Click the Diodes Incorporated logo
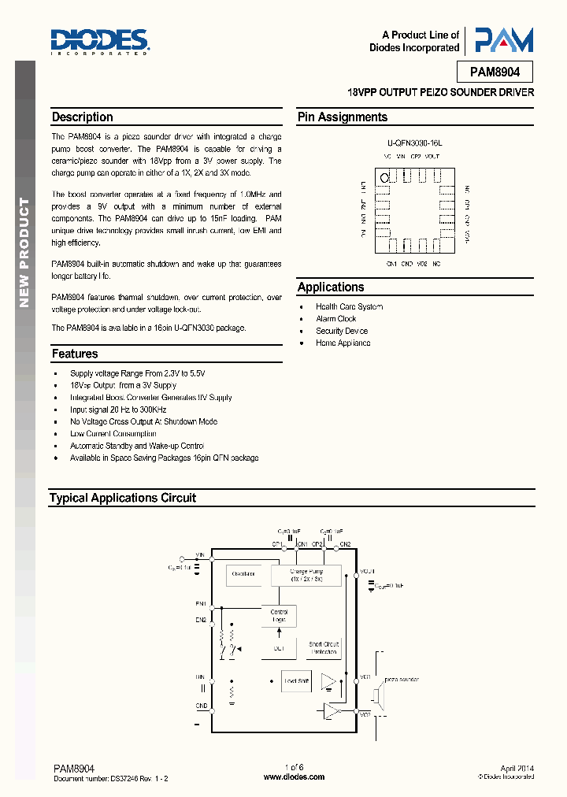click(99, 40)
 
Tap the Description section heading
click(83, 117)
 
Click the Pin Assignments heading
click(343, 117)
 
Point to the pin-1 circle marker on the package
click(385, 177)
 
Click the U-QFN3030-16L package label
click(415, 144)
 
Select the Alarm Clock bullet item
click(336, 319)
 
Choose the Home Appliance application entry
click(343, 343)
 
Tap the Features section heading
click(75, 354)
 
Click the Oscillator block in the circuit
click(243, 573)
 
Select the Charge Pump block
click(306, 575)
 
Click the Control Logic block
click(279, 616)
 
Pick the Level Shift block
click(296, 680)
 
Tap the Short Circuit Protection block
click(324, 647)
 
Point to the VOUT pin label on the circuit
click(368, 571)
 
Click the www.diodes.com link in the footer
click(294, 777)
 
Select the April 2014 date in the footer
click(517, 767)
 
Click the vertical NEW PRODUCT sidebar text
click(24, 252)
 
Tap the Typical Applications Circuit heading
click(123, 498)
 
